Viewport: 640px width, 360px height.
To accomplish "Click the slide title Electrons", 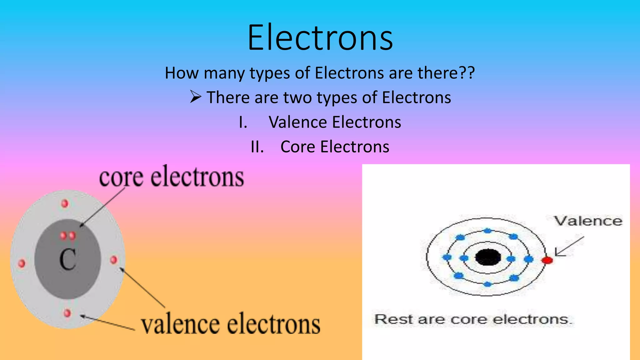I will point(320,38).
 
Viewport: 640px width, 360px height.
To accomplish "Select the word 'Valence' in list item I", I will point(298,122).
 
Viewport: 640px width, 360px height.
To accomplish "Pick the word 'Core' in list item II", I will point(297,147).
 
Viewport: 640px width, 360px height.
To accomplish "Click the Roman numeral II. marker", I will point(257,147).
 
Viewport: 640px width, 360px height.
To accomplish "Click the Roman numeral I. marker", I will point(243,122).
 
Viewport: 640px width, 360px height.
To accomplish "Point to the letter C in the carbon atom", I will point(67,259).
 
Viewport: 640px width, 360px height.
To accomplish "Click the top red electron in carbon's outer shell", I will point(65,204).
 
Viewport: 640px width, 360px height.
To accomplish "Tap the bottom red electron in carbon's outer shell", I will point(67,313).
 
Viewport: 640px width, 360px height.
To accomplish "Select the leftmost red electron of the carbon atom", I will point(22,263).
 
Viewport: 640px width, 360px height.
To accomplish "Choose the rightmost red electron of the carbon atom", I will point(114,260).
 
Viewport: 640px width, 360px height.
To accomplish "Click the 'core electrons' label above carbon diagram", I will point(171,177).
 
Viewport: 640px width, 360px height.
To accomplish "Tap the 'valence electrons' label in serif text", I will point(231,324).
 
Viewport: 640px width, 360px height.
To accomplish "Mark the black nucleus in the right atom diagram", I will point(488,257).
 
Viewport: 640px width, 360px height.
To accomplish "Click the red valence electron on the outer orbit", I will point(547,260).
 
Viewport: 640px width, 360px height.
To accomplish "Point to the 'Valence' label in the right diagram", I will point(588,221).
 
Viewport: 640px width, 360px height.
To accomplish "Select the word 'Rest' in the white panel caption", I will point(393,319).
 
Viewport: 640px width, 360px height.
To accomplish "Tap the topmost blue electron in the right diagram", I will point(487,231).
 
